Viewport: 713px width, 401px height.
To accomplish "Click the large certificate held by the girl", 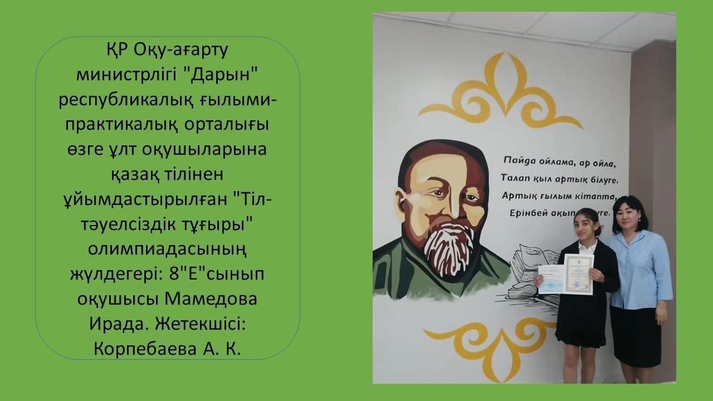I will pos(578,273).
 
